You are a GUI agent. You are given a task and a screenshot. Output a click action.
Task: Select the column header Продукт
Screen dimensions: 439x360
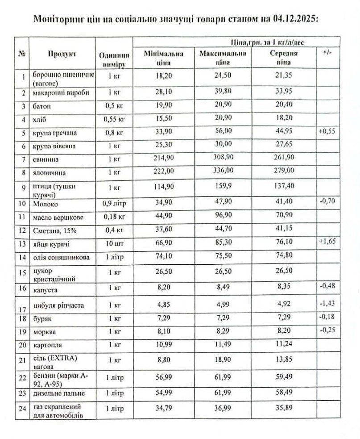[62, 54]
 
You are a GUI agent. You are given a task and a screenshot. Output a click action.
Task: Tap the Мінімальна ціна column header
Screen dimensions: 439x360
[164, 58]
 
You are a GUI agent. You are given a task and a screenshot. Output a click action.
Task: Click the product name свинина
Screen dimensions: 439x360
[44, 159]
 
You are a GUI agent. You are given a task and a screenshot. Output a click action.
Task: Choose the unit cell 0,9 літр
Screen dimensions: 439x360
[114, 204]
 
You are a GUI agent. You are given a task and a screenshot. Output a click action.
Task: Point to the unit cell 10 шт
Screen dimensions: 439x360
[114, 244]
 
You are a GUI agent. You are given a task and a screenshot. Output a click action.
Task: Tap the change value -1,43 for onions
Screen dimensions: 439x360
[327, 303]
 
